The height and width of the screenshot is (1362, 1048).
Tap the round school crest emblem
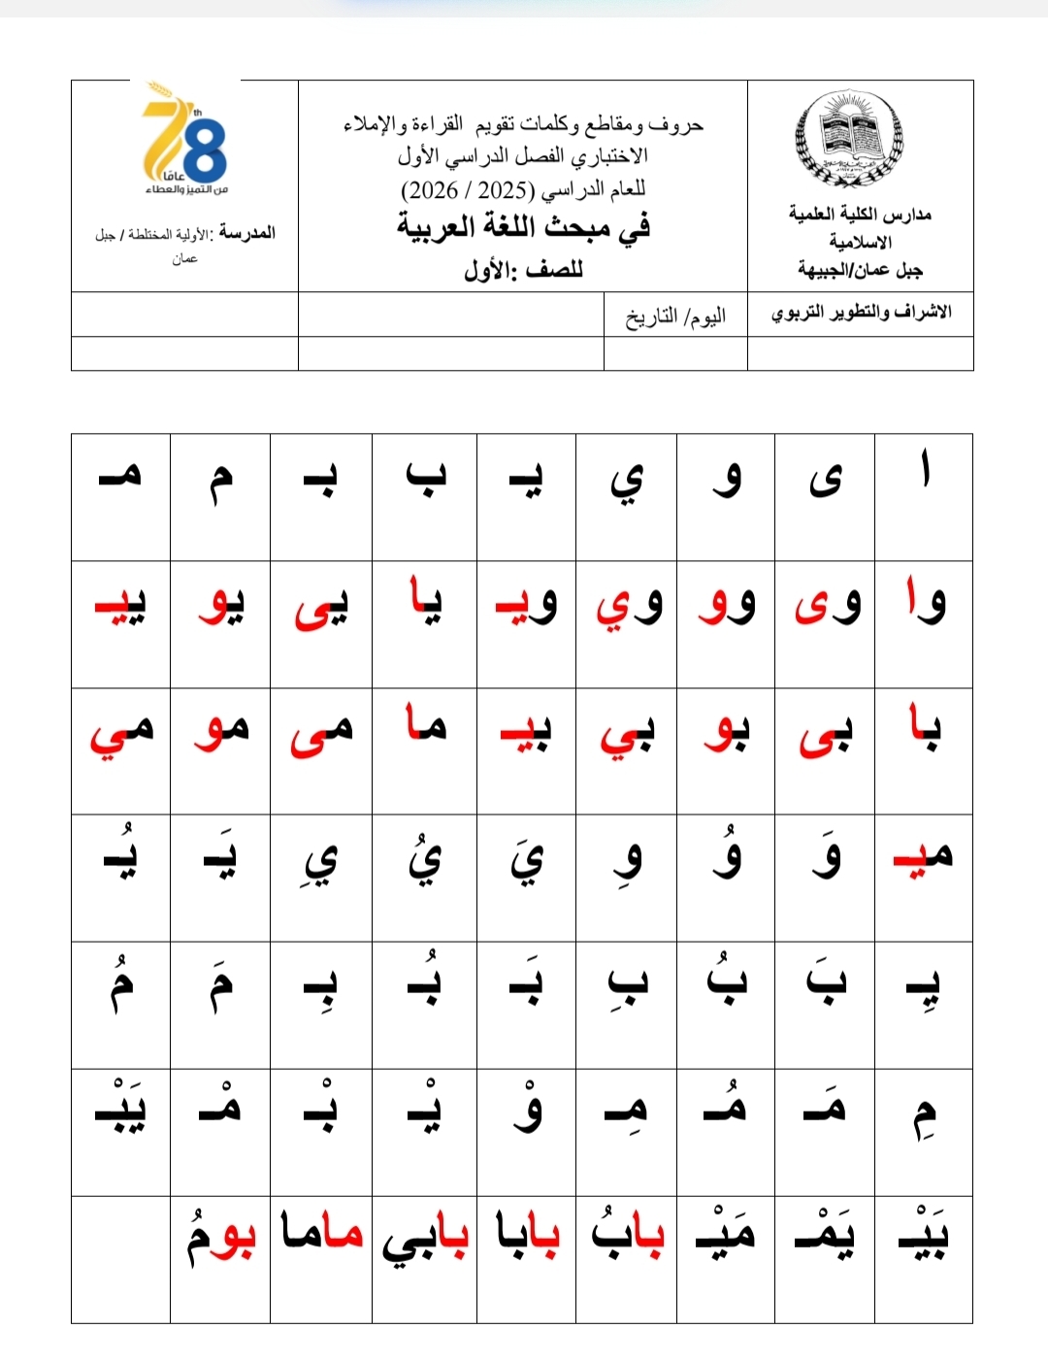(849, 140)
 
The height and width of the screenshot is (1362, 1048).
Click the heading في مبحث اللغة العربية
(523, 227)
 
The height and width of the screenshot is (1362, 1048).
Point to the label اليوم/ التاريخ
(675, 316)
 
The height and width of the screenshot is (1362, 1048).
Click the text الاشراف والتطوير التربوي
(861, 313)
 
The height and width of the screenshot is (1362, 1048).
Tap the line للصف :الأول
(523, 269)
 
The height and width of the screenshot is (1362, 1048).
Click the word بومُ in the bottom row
(221, 1236)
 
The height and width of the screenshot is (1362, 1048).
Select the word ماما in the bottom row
(322, 1233)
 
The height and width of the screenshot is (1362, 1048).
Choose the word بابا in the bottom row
(527, 1234)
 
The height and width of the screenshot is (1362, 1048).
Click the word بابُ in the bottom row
(628, 1233)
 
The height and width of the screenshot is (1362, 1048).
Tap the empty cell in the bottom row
(120, 1259)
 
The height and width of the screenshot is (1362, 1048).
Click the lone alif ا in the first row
(925, 473)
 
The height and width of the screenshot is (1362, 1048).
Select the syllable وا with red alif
(924, 602)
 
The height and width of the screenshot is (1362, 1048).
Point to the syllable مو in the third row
(221, 730)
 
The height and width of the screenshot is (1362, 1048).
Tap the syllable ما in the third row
(425, 724)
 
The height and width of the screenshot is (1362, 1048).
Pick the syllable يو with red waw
(221, 606)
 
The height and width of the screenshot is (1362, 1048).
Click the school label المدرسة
(247, 233)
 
